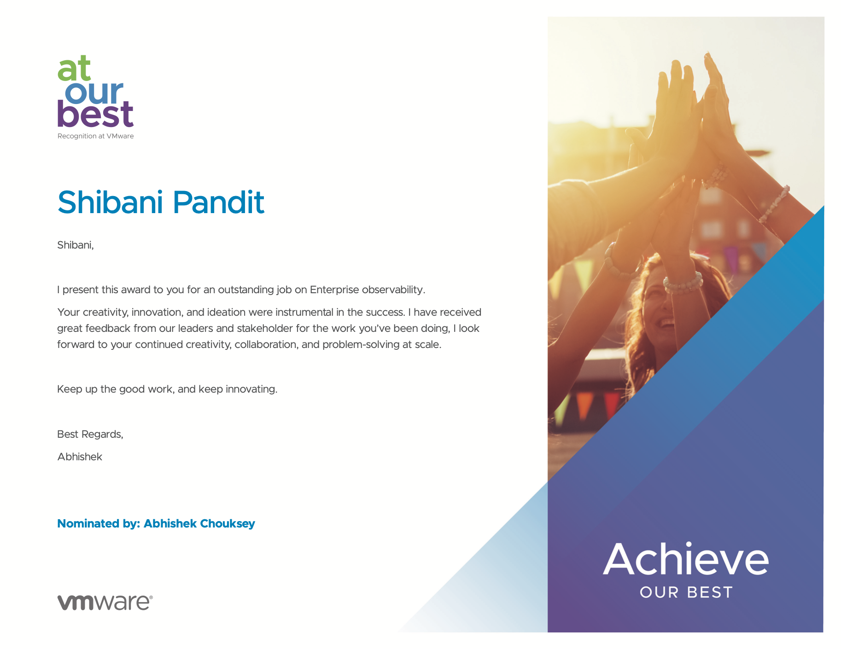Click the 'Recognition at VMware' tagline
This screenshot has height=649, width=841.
95,136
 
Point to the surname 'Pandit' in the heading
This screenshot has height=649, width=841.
218,202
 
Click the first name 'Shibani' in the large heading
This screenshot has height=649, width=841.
110,202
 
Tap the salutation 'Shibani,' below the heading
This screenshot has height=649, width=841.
76,245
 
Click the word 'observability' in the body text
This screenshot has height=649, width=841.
392,290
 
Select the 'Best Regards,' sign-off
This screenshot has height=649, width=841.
90,435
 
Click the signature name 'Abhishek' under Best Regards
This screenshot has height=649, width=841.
80,457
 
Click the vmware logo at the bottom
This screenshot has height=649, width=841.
105,603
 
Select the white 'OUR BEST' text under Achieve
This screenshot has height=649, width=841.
686,592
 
